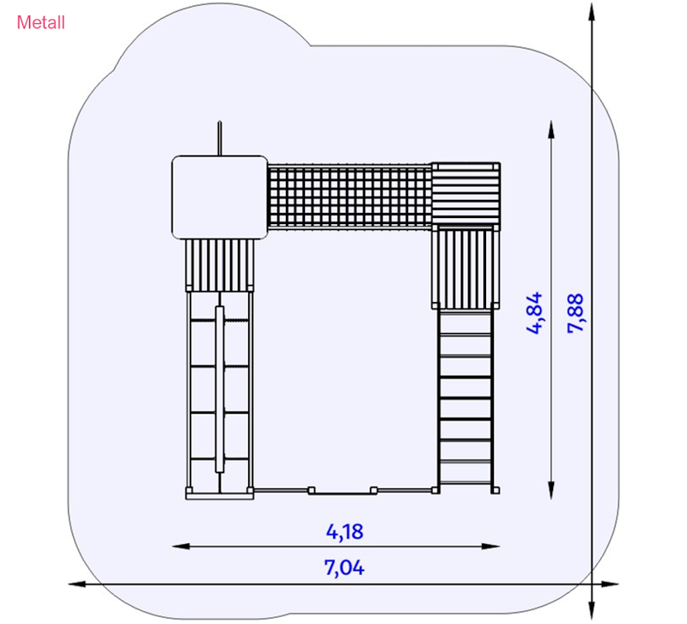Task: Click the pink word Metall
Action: [40, 22]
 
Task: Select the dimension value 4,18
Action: [344, 531]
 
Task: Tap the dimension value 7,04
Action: [344, 567]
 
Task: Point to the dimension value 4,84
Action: [534, 313]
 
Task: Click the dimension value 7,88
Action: [575, 313]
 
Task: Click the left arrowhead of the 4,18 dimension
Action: [180, 546]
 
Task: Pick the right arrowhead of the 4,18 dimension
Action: [490, 546]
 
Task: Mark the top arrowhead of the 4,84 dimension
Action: [551, 130]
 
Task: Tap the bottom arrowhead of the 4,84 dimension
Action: [551, 490]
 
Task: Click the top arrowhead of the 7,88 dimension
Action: [592, 12]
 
